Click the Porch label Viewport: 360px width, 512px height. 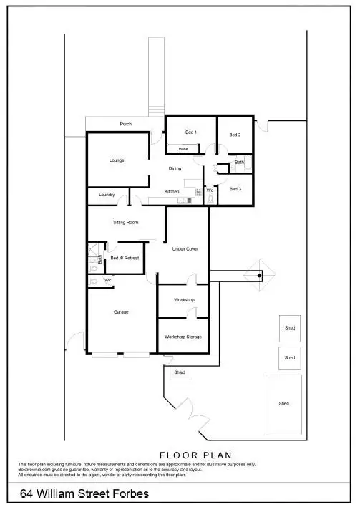coord(125,124)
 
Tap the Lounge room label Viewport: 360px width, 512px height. coord(117,160)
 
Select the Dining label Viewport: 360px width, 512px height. coord(175,168)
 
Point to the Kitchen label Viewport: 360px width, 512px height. coord(172,191)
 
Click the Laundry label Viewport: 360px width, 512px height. coord(107,195)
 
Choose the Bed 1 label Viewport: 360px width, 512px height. coord(190,132)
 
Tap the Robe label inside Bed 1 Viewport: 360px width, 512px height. coord(183,148)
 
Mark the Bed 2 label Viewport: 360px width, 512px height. coord(235,135)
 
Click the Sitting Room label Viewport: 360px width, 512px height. coord(125,222)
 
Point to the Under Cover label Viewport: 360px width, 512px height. coord(185,248)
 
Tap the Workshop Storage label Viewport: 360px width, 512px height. coord(183,336)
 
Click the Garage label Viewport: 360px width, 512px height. coord(121,312)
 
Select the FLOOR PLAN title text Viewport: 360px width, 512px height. coord(195,455)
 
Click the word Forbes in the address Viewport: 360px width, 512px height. coord(130,494)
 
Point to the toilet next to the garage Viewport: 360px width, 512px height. coord(94,281)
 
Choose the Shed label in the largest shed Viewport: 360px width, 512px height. coord(284,403)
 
